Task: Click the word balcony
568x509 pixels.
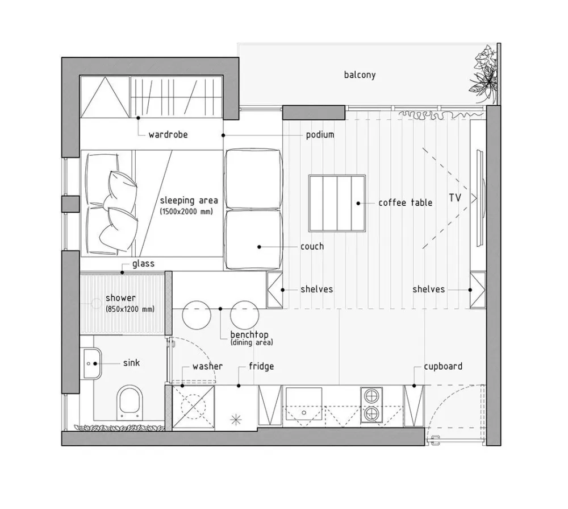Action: click(x=360, y=75)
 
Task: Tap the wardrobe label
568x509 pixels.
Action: click(x=168, y=135)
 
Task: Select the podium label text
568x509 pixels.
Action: click(x=320, y=135)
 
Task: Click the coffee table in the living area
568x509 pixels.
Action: click(x=337, y=203)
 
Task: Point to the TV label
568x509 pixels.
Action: click(x=455, y=198)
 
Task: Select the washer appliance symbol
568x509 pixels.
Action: click(x=193, y=407)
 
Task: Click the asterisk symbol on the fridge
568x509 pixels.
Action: click(x=236, y=420)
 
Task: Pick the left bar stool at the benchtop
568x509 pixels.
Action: click(x=197, y=314)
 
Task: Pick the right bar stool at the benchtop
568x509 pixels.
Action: click(x=244, y=314)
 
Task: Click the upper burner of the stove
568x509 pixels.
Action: click(x=371, y=396)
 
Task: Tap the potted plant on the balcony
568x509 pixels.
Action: click(x=485, y=73)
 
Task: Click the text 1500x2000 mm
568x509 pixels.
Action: click(x=186, y=212)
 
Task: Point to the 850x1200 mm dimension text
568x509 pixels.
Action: click(x=130, y=309)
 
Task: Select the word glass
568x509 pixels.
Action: click(x=144, y=264)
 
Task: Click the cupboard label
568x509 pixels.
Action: click(x=443, y=366)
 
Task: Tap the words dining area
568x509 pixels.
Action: click(x=252, y=342)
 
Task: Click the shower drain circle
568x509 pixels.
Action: click(x=96, y=303)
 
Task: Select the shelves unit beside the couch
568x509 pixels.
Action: click(x=274, y=290)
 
